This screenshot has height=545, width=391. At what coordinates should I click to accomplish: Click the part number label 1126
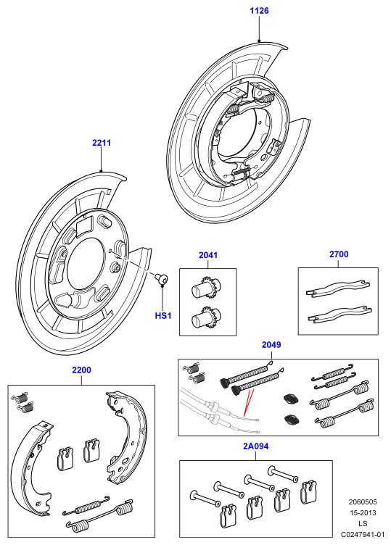tap(259, 10)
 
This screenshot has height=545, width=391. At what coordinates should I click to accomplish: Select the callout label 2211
tap(102, 143)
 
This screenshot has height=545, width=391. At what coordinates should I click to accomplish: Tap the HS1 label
tap(163, 315)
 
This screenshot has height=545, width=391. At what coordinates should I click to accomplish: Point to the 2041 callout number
tap(208, 255)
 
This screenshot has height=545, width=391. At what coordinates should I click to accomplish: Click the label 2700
tap(339, 254)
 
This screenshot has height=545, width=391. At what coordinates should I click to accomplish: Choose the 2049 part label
tap(271, 344)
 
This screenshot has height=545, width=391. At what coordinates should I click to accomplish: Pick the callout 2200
tap(81, 370)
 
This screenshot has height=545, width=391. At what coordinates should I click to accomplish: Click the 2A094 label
tap(255, 446)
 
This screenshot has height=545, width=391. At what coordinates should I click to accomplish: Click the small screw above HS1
tap(162, 278)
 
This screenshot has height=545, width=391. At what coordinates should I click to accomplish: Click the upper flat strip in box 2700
tap(337, 288)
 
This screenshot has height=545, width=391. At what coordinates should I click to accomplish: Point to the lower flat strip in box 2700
tap(339, 314)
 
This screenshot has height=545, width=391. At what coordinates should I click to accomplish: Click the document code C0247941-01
tap(363, 534)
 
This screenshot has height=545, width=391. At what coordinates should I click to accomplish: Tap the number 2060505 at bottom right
tap(363, 502)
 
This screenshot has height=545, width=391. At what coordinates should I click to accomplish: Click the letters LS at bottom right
tap(363, 523)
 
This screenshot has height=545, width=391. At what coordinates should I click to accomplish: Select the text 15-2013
tap(363, 512)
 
